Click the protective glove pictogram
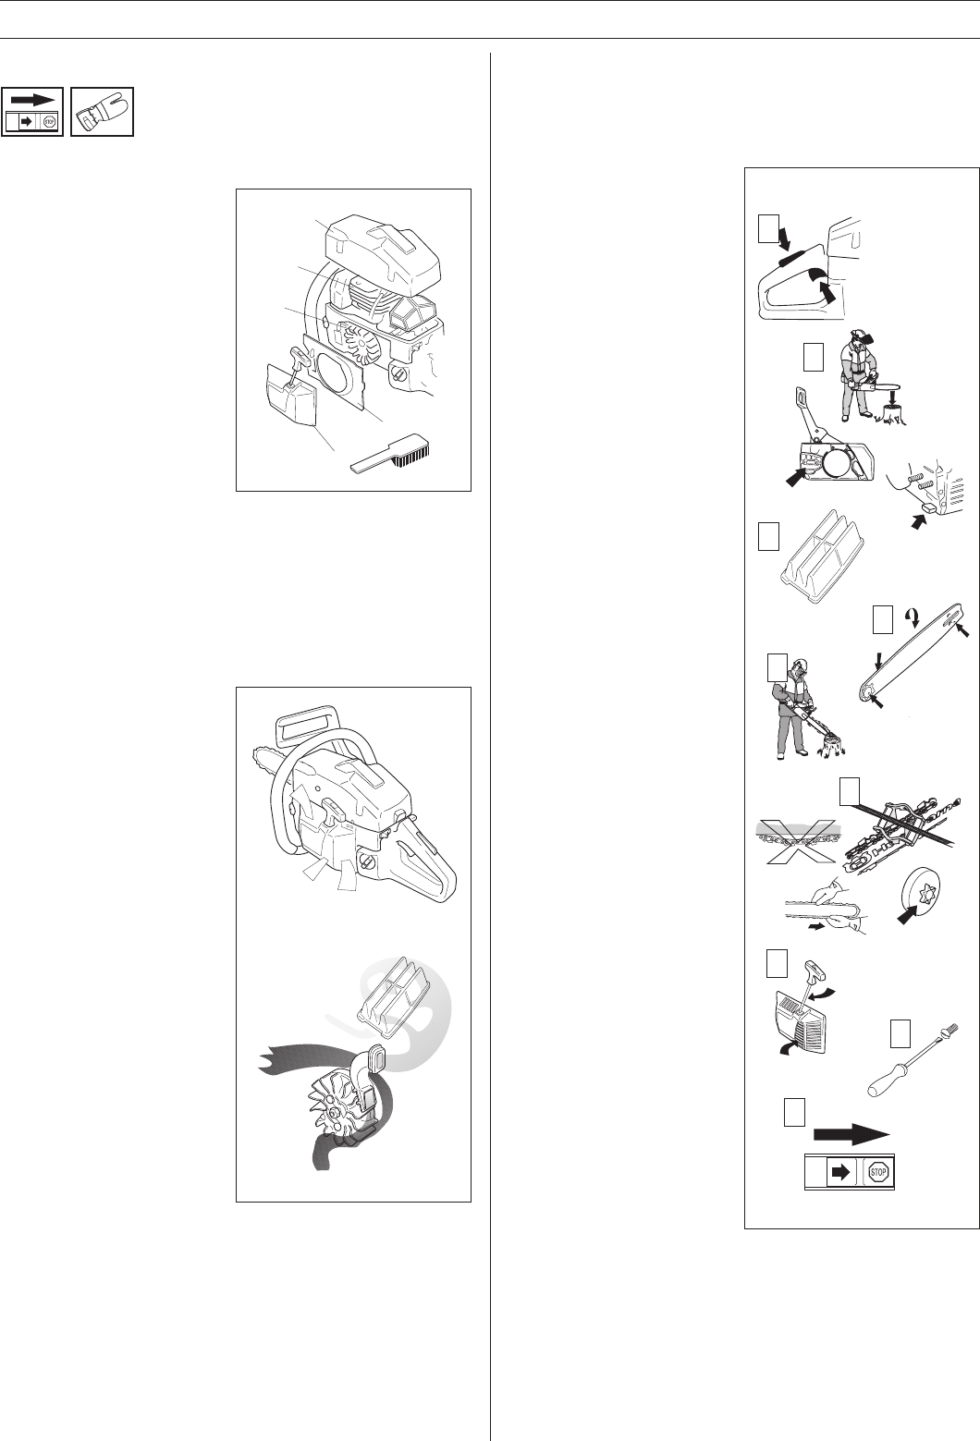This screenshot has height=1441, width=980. [102, 111]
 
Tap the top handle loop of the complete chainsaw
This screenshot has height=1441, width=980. [306, 727]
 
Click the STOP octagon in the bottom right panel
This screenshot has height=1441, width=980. [877, 1172]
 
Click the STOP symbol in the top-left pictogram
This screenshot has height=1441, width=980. [50, 121]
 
